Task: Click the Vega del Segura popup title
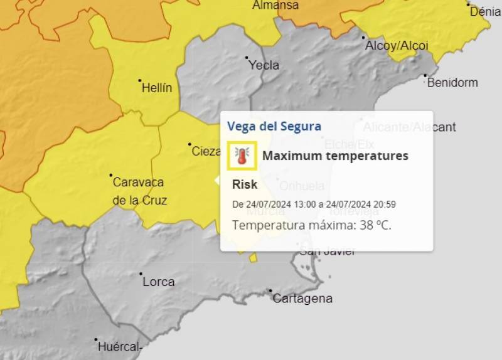274,126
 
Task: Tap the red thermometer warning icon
242,156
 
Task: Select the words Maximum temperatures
335,156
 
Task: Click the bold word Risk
245,184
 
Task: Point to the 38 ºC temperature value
375,225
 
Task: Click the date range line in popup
314,204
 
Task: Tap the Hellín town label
157,88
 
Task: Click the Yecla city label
264,65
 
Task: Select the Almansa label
275,6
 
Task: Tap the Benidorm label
452,82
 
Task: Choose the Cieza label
206,151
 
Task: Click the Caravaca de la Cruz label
139,191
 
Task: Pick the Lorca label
159,282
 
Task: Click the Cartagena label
302,299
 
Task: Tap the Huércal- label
120,346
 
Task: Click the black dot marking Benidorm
425,76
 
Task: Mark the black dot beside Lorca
141,274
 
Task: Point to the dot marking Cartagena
270,290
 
